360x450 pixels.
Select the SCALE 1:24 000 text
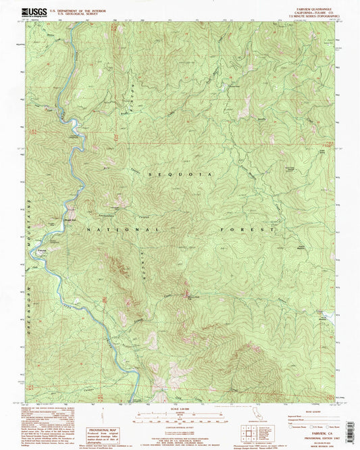coord(180,406)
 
